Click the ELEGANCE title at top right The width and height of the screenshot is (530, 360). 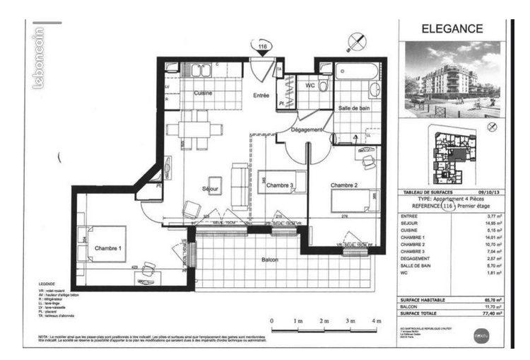pyautogui.click(x=452, y=29)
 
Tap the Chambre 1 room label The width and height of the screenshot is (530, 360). pyautogui.click(x=108, y=248)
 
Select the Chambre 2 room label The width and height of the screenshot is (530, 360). pyautogui.click(x=346, y=185)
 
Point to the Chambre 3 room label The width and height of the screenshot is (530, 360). pyautogui.click(x=281, y=185)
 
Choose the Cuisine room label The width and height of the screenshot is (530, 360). pyautogui.click(x=204, y=93)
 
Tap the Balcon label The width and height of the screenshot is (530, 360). pyautogui.click(x=269, y=260)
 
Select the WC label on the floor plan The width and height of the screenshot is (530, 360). pyautogui.click(x=310, y=85)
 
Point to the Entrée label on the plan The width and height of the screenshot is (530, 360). pyautogui.click(x=263, y=95)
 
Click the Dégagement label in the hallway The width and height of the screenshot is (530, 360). pyautogui.click(x=306, y=130)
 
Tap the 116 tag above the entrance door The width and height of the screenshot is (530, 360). pyautogui.click(x=263, y=47)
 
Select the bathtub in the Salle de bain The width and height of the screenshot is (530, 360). pyautogui.click(x=357, y=73)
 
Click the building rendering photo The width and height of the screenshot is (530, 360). pyautogui.click(x=452, y=79)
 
